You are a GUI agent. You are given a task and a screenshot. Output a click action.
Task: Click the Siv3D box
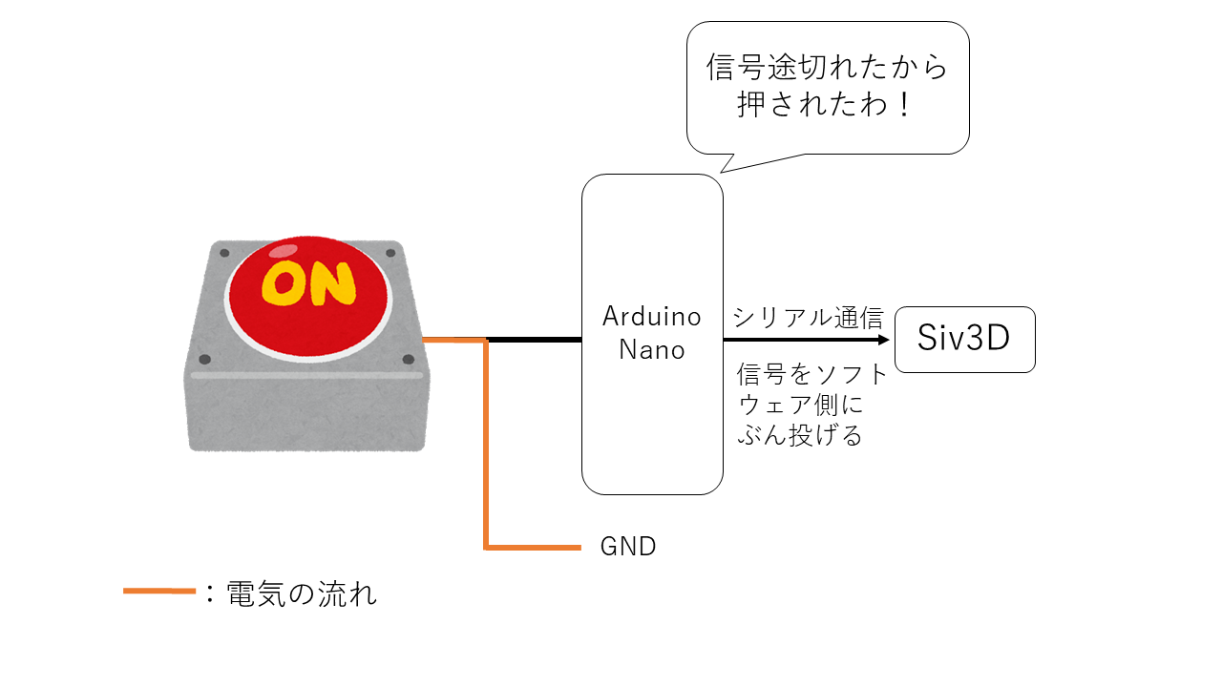tap(964, 339)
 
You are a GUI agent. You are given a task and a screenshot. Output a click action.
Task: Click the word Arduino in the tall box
tap(652, 316)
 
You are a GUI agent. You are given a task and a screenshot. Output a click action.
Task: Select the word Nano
tap(652, 350)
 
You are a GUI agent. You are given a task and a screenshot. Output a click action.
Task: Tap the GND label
tap(627, 548)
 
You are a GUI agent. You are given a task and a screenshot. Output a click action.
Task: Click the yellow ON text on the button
tap(308, 283)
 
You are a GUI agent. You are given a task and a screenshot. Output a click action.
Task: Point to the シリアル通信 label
tap(808, 318)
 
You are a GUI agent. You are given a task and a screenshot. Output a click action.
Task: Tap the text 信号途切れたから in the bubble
tap(827, 68)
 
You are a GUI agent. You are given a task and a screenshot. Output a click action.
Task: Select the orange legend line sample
tap(159, 592)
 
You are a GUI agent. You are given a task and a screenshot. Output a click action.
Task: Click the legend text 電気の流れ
tap(302, 594)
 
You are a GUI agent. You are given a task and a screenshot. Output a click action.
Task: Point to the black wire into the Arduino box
tap(535, 340)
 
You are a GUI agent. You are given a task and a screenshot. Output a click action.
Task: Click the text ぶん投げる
tap(800, 436)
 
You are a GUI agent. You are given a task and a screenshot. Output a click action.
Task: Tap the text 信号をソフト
tap(811, 374)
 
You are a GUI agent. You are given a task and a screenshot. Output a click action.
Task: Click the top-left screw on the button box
tap(224, 253)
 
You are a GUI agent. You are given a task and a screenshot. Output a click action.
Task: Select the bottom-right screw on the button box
tap(409, 360)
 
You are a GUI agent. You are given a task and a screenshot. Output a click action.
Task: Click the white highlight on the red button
tap(284, 252)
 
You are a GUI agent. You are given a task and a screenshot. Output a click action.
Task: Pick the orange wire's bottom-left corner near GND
tap(487, 548)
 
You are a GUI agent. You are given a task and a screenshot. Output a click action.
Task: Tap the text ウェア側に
tap(800, 406)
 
